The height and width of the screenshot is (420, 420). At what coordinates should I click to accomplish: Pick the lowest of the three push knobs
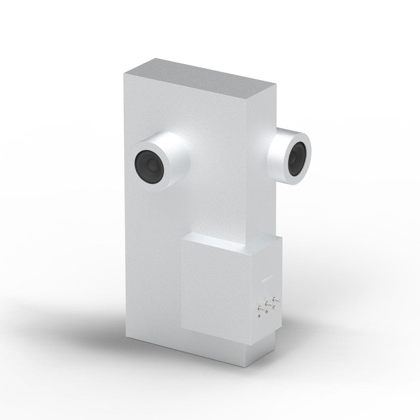[261, 308]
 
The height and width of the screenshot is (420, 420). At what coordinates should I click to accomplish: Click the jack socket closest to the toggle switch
[267, 312]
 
